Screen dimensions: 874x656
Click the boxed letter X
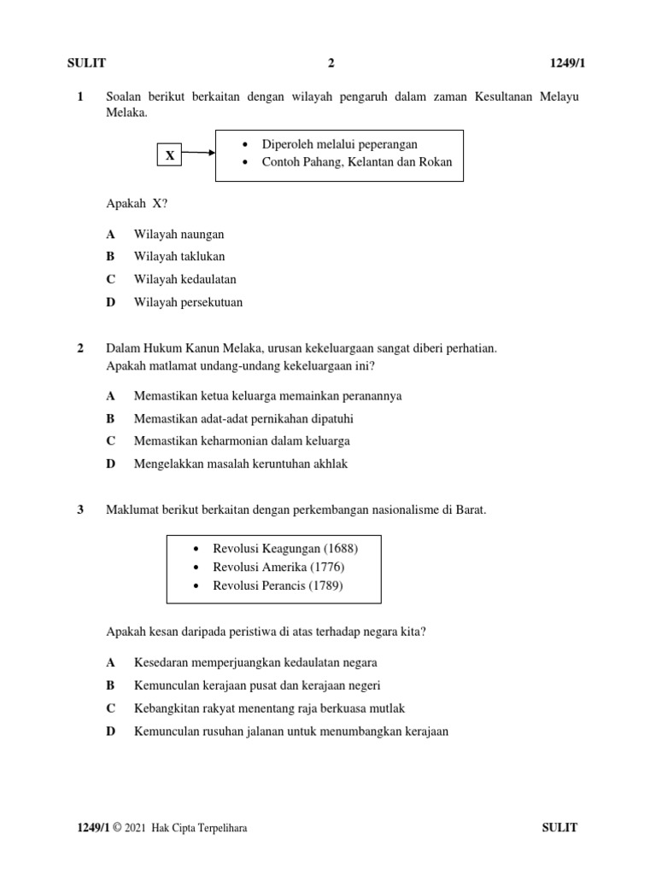[170, 155]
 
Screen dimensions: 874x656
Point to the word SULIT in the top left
[86, 63]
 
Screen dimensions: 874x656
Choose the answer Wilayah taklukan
[179, 256]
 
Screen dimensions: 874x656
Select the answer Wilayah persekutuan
[188, 302]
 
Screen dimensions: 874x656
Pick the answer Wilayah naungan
[179, 233]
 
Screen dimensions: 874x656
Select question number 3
[80, 510]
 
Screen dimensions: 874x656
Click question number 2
[80, 348]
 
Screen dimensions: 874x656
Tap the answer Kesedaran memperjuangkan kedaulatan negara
[255, 662]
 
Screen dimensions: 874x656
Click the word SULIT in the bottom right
[560, 828]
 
